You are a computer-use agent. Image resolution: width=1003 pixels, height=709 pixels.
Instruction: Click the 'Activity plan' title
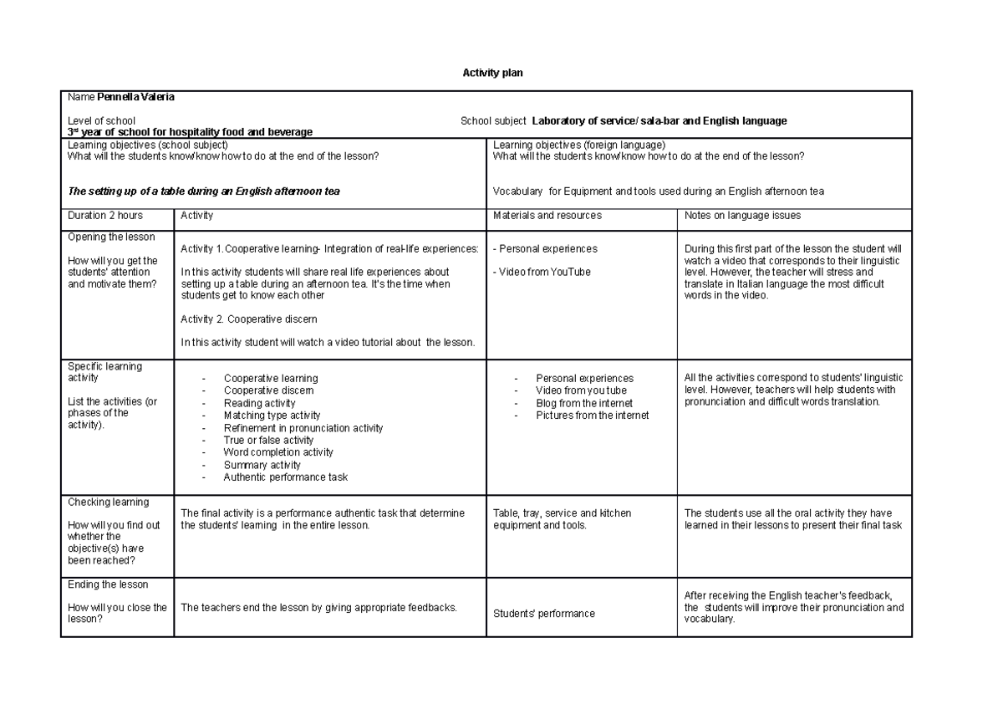(x=492, y=74)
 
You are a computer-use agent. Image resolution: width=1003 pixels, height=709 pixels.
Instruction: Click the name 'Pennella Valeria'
(x=135, y=97)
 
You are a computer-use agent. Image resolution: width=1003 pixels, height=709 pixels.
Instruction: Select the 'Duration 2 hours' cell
(x=105, y=216)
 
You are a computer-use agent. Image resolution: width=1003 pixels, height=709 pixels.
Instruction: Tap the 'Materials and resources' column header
(x=547, y=216)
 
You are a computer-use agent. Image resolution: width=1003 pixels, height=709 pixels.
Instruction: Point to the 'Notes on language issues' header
(x=742, y=216)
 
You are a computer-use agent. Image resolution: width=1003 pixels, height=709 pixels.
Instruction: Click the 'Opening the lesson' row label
(x=111, y=237)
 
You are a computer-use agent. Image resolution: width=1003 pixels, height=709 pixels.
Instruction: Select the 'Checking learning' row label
(x=108, y=502)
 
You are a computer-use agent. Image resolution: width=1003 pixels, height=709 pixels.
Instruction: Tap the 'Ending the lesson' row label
(x=108, y=584)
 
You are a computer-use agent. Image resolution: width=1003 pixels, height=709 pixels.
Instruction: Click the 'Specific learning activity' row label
(x=104, y=372)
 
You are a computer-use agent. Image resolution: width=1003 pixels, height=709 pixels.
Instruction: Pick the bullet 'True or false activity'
(x=268, y=440)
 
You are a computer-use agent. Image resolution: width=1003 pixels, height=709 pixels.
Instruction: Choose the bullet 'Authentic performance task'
(x=285, y=477)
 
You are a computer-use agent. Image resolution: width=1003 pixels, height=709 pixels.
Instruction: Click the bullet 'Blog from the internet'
(x=583, y=403)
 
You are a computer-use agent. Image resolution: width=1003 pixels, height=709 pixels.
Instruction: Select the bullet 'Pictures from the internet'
(x=592, y=416)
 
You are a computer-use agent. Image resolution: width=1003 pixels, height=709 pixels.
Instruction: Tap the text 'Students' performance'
(x=544, y=614)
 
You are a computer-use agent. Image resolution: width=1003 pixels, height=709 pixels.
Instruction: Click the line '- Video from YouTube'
(x=542, y=272)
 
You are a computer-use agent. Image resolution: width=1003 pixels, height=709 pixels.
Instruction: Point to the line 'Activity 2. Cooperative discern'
(x=248, y=319)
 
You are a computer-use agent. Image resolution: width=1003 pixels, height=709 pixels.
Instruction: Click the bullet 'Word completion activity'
(x=277, y=452)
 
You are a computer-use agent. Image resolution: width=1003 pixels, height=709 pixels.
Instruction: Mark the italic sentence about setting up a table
(x=203, y=191)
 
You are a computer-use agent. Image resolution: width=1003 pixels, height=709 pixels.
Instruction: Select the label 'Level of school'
(x=101, y=121)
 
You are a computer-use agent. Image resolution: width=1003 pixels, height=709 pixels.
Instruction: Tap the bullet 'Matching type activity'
(x=272, y=416)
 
